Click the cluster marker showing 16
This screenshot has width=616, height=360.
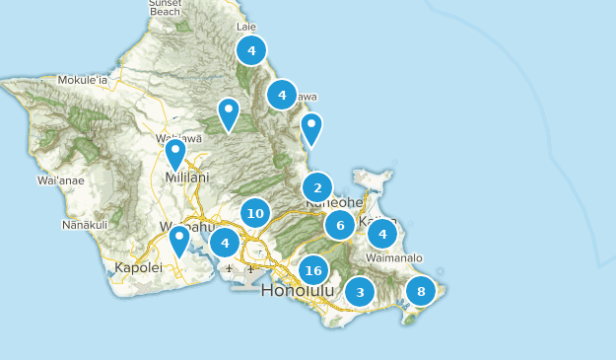coord(313,270)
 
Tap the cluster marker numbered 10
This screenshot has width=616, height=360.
coord(255,212)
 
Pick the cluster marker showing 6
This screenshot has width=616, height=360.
coord(340,225)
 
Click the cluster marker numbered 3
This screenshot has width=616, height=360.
coord(360,292)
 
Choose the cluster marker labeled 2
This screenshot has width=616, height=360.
coord(317,187)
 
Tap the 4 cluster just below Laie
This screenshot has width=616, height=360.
coord(251,50)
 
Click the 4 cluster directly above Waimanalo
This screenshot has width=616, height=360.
coord(382,234)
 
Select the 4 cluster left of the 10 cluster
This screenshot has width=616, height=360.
coord(225,242)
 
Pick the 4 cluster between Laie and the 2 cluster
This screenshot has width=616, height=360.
coord(282,95)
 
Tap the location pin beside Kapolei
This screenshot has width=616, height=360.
coord(179,241)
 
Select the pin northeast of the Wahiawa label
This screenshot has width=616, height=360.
coord(229,114)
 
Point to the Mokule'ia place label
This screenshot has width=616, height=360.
coord(82,79)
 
